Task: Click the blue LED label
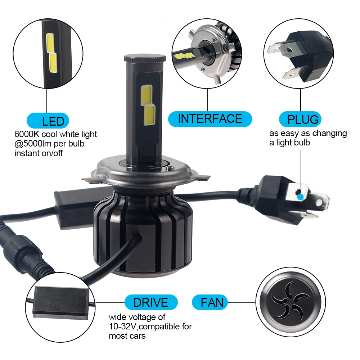pos(48,121)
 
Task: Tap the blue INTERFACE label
pos(210,119)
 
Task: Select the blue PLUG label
pos(300,119)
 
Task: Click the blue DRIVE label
pos(151,302)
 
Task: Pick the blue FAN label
pos(210,302)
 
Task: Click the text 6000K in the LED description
pos(27,134)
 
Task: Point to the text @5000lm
pos(33,144)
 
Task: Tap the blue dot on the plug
pos(300,197)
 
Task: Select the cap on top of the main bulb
pos(145,58)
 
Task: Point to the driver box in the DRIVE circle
pos(61,303)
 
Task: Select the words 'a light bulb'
pos(289,143)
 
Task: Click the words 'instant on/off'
pos(39,153)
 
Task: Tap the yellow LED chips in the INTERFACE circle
pos(184,55)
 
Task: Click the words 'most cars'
pos(127,336)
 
